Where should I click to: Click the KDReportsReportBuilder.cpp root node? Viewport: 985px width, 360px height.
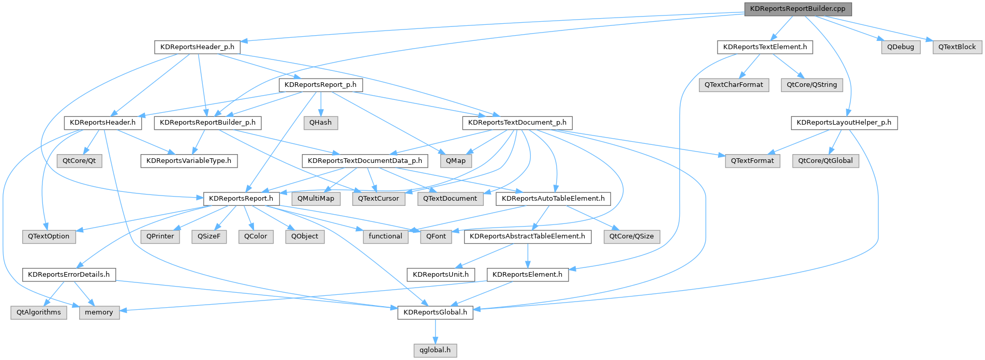pyautogui.click(x=798, y=9)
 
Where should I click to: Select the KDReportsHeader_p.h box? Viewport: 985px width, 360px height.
pyautogui.click(x=197, y=47)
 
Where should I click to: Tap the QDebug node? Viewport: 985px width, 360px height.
pyautogui.click(x=901, y=47)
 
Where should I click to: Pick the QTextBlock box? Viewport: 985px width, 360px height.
pyautogui.click(x=957, y=47)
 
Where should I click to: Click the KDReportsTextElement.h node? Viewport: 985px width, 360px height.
pyautogui.click(x=765, y=47)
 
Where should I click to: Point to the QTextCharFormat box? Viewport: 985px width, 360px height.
pyautogui.click(x=734, y=85)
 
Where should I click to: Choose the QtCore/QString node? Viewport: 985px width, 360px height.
pyautogui.click(x=812, y=85)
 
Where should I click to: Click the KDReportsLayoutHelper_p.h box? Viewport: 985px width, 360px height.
pyautogui.click(x=844, y=123)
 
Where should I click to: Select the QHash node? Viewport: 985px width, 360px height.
pyautogui.click(x=321, y=123)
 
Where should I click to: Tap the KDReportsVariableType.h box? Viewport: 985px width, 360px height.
pyautogui.click(x=189, y=161)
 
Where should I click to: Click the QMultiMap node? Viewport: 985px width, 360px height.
pyautogui.click(x=316, y=199)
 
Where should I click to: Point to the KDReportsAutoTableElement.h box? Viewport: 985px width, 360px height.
pyautogui.click(x=553, y=199)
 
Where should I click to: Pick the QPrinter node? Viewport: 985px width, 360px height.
pyautogui.click(x=160, y=236)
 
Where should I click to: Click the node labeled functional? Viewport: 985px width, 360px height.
pyautogui.click(x=385, y=236)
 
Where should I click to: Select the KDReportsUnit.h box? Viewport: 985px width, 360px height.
pyautogui.click(x=441, y=275)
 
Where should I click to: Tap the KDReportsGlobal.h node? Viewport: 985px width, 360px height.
pyautogui.click(x=435, y=312)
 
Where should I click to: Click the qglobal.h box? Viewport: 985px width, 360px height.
pyautogui.click(x=435, y=350)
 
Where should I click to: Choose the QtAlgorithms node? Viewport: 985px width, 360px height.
pyautogui.click(x=39, y=312)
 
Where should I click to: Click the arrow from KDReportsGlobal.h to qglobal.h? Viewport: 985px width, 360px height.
pyautogui.click(x=435, y=332)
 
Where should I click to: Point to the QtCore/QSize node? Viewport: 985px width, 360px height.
pyautogui.click(x=631, y=236)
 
